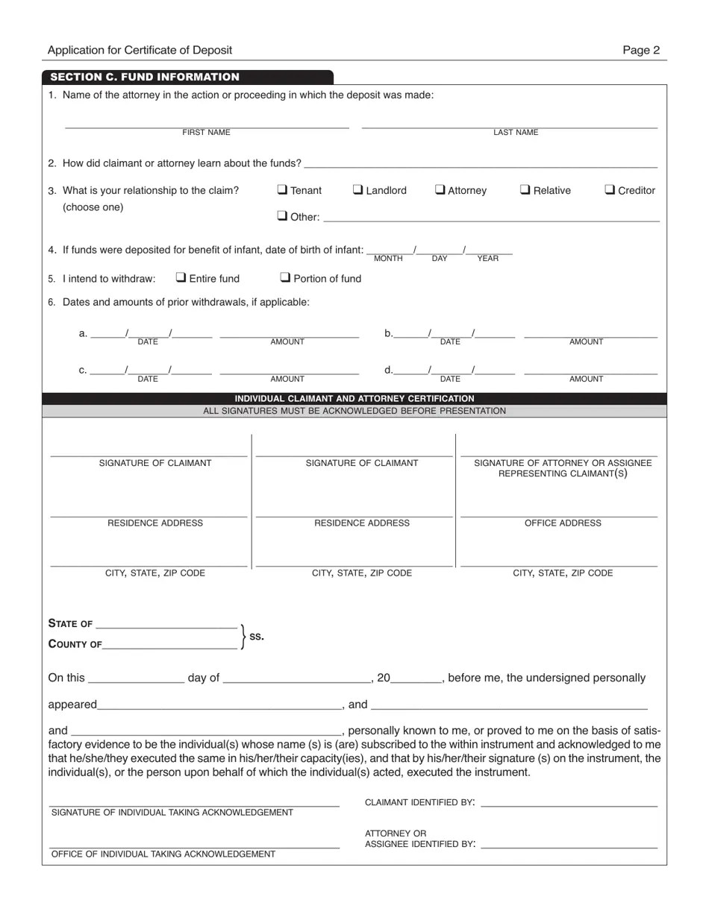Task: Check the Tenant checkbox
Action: [282, 189]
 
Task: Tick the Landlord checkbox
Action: [357, 189]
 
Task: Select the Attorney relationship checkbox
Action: [440, 189]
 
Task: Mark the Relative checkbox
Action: [525, 189]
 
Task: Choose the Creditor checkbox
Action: [610, 189]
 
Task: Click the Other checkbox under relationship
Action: [282, 216]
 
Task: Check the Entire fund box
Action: [181, 277]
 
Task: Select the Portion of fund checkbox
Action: [285, 277]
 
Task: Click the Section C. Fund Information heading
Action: [145, 77]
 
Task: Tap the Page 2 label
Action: [641, 51]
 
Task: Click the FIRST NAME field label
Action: [206, 133]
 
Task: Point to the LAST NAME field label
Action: [515, 133]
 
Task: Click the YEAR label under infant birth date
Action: [487, 259]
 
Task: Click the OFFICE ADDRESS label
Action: [563, 523]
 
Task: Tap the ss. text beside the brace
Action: [256, 637]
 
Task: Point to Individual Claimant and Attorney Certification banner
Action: [354, 399]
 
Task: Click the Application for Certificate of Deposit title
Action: [140, 51]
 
